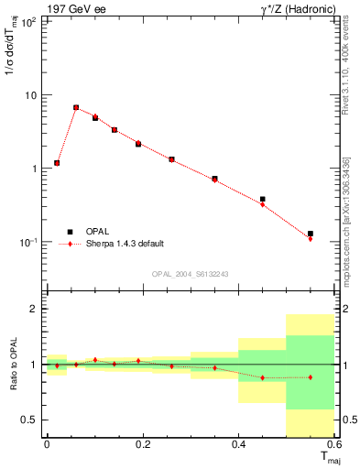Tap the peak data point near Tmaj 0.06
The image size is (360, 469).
tap(76, 107)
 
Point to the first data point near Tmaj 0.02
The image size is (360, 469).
tap(57, 163)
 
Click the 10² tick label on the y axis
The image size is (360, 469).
tap(28, 22)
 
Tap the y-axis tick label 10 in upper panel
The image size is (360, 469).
tap(30, 95)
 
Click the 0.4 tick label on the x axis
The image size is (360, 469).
tap(238, 444)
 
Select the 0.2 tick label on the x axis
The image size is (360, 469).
tap(142, 444)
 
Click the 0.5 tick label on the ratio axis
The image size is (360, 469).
tap(30, 420)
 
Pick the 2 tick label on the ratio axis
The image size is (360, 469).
tap(35, 309)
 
